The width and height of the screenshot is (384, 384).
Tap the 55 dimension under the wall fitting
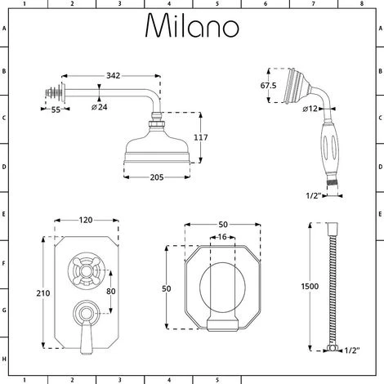click(56, 108)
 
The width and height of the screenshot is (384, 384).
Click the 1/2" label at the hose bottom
click(352, 350)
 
